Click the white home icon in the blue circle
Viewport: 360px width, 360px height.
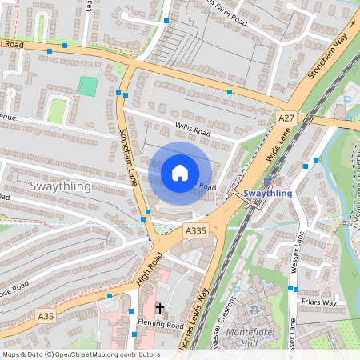pyautogui.click(x=180, y=172)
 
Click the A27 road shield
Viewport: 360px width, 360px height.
pyautogui.click(x=286, y=118)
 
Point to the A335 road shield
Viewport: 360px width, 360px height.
pyautogui.click(x=196, y=230)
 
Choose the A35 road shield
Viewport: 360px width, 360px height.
pyautogui.click(x=46, y=317)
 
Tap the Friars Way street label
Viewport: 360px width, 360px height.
pyautogui.click(x=320, y=302)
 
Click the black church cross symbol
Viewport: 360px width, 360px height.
pyautogui.click(x=159, y=308)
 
